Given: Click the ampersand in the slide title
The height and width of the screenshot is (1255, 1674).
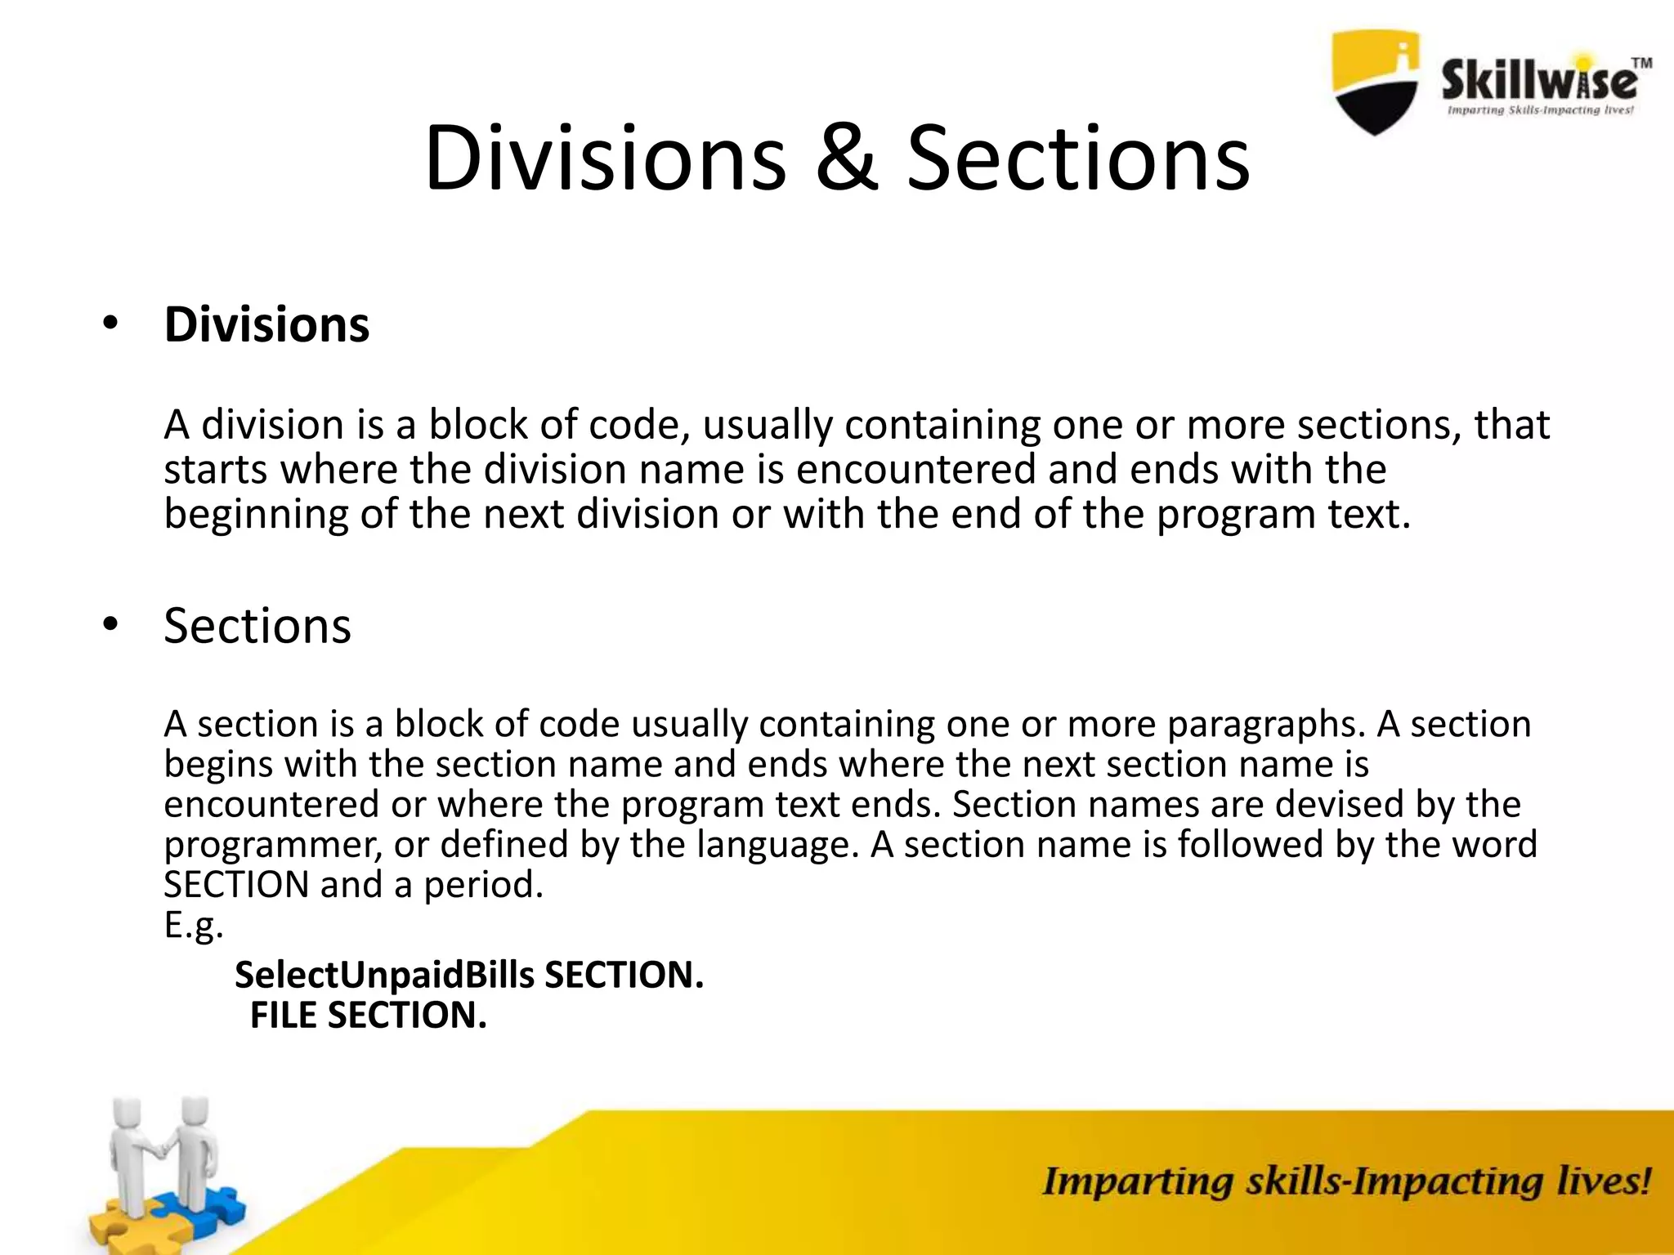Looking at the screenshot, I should (848, 159).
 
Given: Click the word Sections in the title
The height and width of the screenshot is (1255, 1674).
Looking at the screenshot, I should (1078, 159).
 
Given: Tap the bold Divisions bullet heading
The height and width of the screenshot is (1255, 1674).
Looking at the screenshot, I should (266, 324).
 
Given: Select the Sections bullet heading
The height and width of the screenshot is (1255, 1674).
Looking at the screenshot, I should (257, 626).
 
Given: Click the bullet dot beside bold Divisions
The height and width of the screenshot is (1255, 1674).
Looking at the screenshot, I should (110, 324).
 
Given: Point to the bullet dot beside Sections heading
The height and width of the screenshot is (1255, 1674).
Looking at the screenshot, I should (110, 626).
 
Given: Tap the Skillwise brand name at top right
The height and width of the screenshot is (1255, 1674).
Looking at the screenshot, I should (1537, 82).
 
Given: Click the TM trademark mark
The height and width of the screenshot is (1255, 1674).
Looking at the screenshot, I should (1641, 63).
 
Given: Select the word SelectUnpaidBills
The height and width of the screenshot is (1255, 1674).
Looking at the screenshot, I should (384, 975).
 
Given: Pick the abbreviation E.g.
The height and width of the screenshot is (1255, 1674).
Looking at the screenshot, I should (193, 925).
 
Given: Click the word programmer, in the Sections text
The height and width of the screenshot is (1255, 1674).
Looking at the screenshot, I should (273, 845).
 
